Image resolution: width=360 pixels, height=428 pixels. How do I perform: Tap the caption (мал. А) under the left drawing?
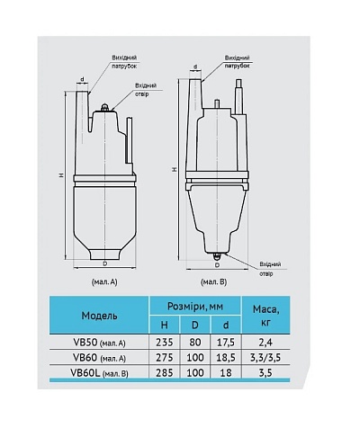(x=105, y=281)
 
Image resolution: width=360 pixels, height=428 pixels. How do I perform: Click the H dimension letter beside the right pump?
(x=173, y=167)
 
